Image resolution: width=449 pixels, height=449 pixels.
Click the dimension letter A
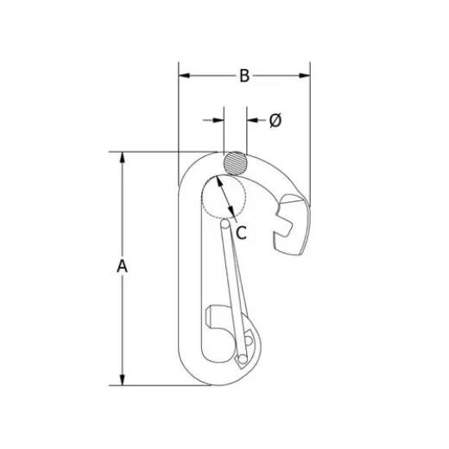(123, 267)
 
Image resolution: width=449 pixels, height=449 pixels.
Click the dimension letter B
(244, 77)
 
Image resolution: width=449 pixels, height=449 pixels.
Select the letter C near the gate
(242, 231)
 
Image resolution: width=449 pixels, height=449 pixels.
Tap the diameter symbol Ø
(275, 121)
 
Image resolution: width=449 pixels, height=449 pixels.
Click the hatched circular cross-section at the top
(234, 161)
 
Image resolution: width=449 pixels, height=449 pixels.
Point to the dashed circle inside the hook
(224, 197)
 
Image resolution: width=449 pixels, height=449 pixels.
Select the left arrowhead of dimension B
(184, 76)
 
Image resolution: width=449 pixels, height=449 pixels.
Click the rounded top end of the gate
(226, 224)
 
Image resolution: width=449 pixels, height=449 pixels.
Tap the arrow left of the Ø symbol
(212, 121)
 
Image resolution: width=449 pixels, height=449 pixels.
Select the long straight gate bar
(234, 285)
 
